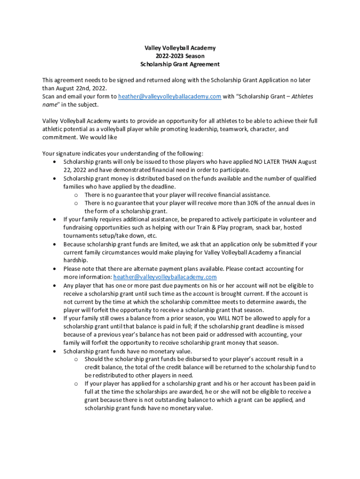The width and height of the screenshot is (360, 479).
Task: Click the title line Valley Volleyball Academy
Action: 180,48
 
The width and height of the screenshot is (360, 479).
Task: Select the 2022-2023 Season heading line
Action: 180,56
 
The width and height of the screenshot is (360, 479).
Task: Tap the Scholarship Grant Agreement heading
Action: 180,64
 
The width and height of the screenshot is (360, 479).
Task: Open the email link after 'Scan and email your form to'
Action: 170,96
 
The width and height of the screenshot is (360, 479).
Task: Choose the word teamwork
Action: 245,129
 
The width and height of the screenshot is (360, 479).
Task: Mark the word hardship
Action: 75,261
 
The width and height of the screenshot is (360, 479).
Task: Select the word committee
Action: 217,302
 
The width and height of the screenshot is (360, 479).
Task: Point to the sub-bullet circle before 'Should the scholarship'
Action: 76,359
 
